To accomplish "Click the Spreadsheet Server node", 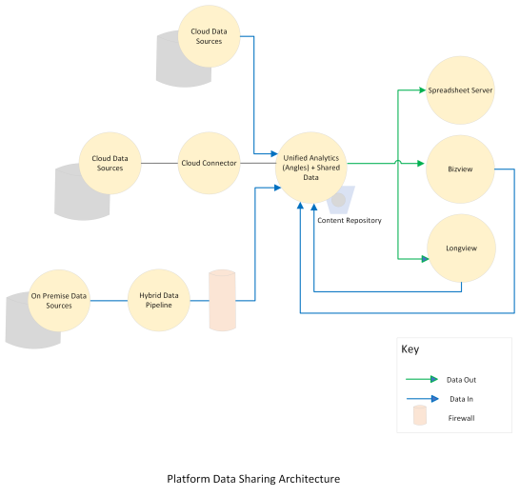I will tap(459, 90).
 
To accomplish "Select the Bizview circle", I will tap(459, 168).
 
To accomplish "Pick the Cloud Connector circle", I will tap(209, 163).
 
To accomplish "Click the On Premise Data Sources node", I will tap(59, 300).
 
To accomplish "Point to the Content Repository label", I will tap(349, 220).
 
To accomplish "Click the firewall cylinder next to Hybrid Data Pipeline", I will tap(221, 301).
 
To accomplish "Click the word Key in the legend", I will tap(410, 349).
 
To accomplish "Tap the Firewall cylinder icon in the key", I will tap(420, 416).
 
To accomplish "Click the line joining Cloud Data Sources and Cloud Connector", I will tap(159, 163).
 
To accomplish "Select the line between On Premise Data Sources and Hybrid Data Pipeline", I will tap(110, 300).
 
